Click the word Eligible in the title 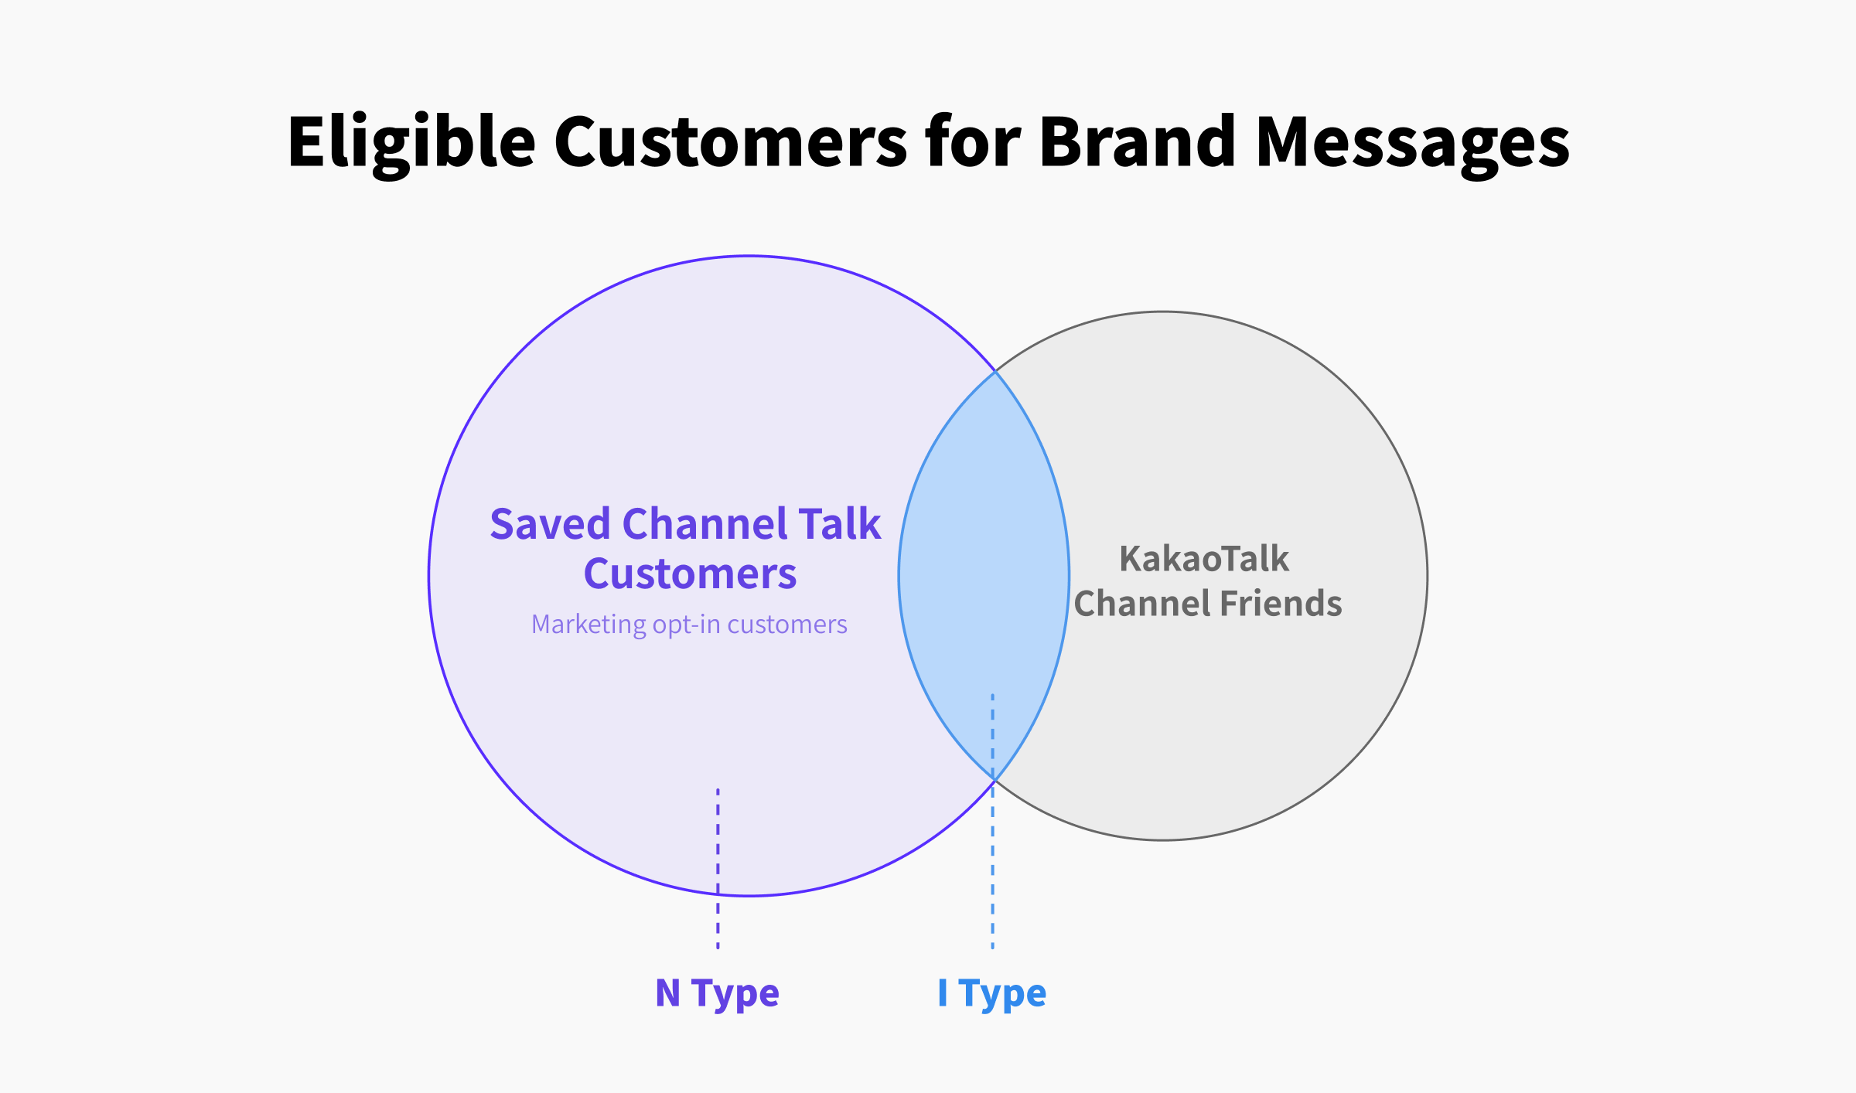click(411, 143)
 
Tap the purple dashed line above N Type click(718, 868)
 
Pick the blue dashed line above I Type click(992, 821)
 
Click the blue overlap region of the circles click(984, 576)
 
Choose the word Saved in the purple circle click(551, 524)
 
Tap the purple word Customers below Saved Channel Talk click(690, 574)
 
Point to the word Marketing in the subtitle click(589, 625)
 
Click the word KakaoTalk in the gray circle click(1204, 558)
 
